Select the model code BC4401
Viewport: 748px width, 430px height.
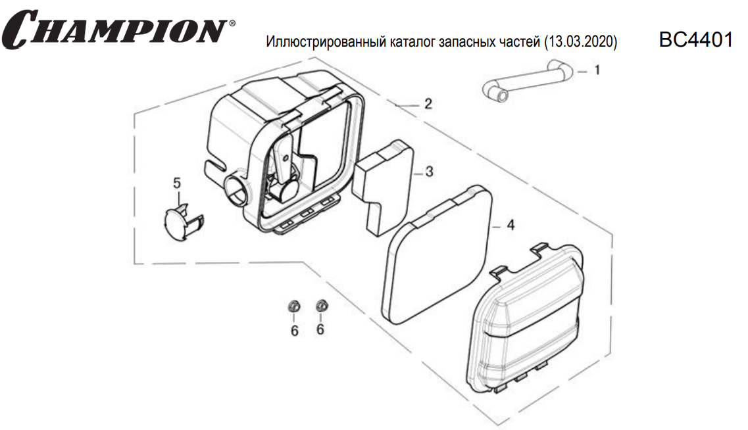(x=695, y=39)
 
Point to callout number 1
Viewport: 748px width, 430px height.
(x=597, y=70)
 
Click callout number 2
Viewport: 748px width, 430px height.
(x=428, y=104)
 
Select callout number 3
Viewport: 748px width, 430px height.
(x=429, y=172)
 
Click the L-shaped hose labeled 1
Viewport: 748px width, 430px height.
(x=526, y=80)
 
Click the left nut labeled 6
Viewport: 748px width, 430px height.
(x=294, y=306)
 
